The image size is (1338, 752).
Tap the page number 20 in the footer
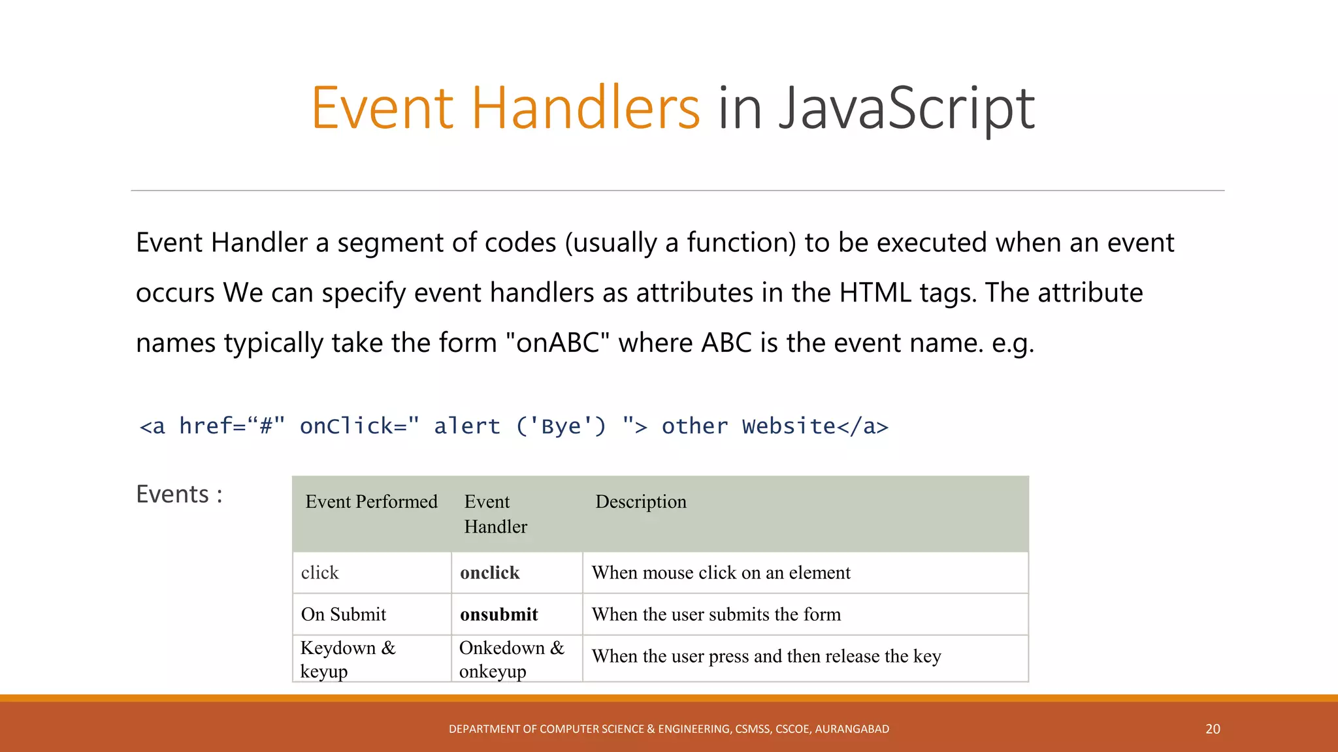point(1213,729)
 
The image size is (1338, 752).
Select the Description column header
point(641,502)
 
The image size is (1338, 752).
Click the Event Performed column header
point(371,502)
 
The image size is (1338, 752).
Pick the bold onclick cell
point(489,573)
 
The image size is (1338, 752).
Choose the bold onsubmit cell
point(498,615)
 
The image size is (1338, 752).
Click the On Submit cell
point(344,615)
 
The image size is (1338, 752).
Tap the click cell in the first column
point(320,573)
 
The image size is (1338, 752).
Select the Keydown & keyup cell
point(348,659)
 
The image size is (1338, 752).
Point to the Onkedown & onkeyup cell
point(511,659)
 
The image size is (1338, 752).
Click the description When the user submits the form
point(716,615)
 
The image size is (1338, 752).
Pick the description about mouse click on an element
point(721,573)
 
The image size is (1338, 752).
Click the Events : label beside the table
point(179,495)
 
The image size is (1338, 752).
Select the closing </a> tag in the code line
point(862,427)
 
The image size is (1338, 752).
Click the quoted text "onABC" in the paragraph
point(558,343)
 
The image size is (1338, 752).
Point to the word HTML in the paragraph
point(875,293)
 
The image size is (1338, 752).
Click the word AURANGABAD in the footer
point(852,729)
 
